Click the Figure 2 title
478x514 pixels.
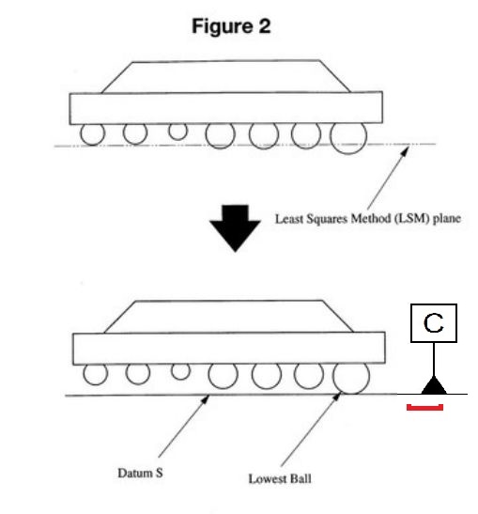(x=231, y=26)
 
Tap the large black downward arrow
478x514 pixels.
(x=235, y=228)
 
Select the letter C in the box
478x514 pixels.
(x=434, y=323)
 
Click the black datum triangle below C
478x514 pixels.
(x=434, y=385)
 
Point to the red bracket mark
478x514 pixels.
(x=424, y=408)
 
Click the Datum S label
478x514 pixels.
(x=140, y=473)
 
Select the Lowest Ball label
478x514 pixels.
(x=280, y=478)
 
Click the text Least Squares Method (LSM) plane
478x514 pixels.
(x=368, y=219)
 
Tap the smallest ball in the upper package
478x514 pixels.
(x=177, y=132)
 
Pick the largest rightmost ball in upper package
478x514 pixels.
(x=348, y=137)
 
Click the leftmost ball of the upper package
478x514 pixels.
(x=93, y=133)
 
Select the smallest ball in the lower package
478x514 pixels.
(x=180, y=371)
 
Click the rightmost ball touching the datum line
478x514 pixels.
(x=351, y=377)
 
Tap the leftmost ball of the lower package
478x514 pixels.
(x=96, y=374)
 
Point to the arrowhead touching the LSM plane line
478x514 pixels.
(x=406, y=150)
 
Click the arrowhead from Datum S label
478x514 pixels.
(x=206, y=399)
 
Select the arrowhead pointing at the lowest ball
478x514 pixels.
(x=337, y=397)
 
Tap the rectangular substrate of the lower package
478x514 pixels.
(x=229, y=348)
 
